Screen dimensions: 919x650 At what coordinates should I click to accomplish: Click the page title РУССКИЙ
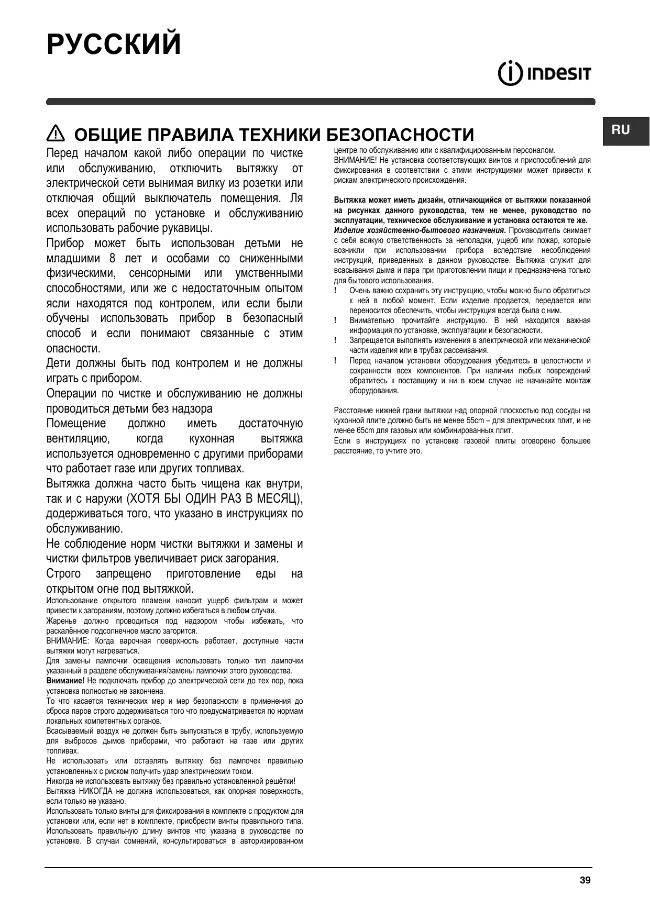coord(114,44)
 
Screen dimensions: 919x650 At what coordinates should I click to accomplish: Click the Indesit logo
coord(544,74)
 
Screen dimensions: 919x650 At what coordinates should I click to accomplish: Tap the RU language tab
coord(621,130)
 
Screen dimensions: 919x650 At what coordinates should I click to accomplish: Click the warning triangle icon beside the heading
coord(55,134)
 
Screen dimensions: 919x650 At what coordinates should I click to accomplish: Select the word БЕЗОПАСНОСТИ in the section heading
coord(400,135)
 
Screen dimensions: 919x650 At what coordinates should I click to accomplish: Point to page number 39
coord(585,880)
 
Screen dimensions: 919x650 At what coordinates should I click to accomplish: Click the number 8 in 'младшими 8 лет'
coord(113,259)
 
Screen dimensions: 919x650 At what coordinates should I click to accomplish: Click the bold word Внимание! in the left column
coord(65,681)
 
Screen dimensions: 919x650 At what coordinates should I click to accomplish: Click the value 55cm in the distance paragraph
coord(476,420)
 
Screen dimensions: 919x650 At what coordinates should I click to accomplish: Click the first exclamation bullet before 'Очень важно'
coord(335,291)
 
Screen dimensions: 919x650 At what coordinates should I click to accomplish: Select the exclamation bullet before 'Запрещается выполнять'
coord(335,340)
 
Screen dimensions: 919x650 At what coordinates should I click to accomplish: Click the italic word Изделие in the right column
coord(348,230)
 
